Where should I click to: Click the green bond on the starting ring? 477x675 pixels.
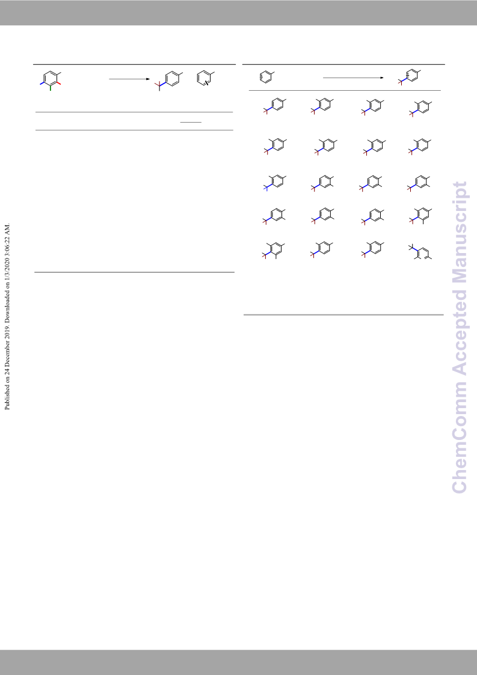pyautogui.click(x=51, y=88)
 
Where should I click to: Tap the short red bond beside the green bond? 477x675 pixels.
pyautogui.click(x=58, y=83)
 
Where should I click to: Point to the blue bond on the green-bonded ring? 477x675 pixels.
pyautogui.click(x=43, y=83)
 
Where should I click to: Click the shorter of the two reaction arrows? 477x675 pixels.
pyautogui.click(x=129, y=79)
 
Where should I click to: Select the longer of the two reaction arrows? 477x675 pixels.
pyautogui.click(x=353, y=78)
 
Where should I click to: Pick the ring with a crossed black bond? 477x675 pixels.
pyautogui.click(x=205, y=78)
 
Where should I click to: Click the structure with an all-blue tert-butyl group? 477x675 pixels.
pyautogui.click(x=274, y=183)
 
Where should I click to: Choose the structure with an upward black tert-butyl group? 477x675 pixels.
pyautogui.click(x=420, y=252)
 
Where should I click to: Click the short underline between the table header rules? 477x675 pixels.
pyautogui.click(x=191, y=122)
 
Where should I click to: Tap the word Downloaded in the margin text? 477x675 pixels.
pyautogui.click(x=7, y=318)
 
